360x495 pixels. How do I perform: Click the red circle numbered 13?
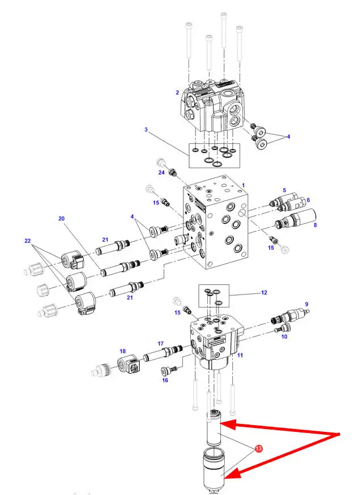point(258,448)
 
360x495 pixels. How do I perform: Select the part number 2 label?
point(177,93)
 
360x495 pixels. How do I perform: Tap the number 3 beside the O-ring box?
point(146,130)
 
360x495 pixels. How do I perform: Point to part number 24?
point(161,173)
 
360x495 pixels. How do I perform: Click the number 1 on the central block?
point(243,185)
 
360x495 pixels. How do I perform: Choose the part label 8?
point(315,225)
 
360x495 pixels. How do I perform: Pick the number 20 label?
point(61,218)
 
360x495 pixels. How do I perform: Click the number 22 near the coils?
point(28,241)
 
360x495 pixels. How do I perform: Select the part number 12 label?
point(264,293)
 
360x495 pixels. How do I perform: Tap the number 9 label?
point(307,304)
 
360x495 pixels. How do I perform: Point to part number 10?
point(284,336)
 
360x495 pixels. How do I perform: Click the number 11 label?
point(240,355)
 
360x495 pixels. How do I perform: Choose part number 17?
point(161,343)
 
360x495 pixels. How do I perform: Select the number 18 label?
point(123,351)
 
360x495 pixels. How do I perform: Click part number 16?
point(165,380)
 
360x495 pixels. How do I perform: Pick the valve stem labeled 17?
point(163,353)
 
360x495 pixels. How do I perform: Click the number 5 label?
point(284,190)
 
